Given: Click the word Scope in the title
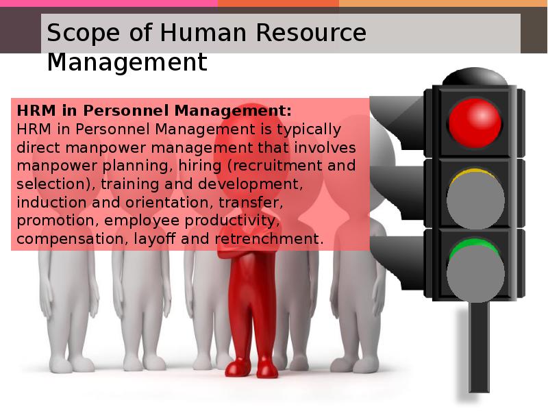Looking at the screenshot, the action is [83, 33].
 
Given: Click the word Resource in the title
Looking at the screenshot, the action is [311, 32].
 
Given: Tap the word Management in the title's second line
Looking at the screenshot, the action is [127, 62].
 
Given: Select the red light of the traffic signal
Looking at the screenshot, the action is [475, 123].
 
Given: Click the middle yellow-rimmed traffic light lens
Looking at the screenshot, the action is [475, 199].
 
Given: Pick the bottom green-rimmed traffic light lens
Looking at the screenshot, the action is [475, 269].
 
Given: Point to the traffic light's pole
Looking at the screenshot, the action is [478, 347].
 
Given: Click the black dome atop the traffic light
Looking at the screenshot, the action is [475, 77].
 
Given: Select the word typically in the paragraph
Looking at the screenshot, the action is [309, 129].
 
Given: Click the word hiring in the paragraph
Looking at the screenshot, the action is [199, 166].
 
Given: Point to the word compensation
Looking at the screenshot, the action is [70, 239].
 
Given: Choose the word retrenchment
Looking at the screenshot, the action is [266, 238].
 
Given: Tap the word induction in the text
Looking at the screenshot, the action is [51, 202].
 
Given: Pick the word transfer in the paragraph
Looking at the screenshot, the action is [251, 202].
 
